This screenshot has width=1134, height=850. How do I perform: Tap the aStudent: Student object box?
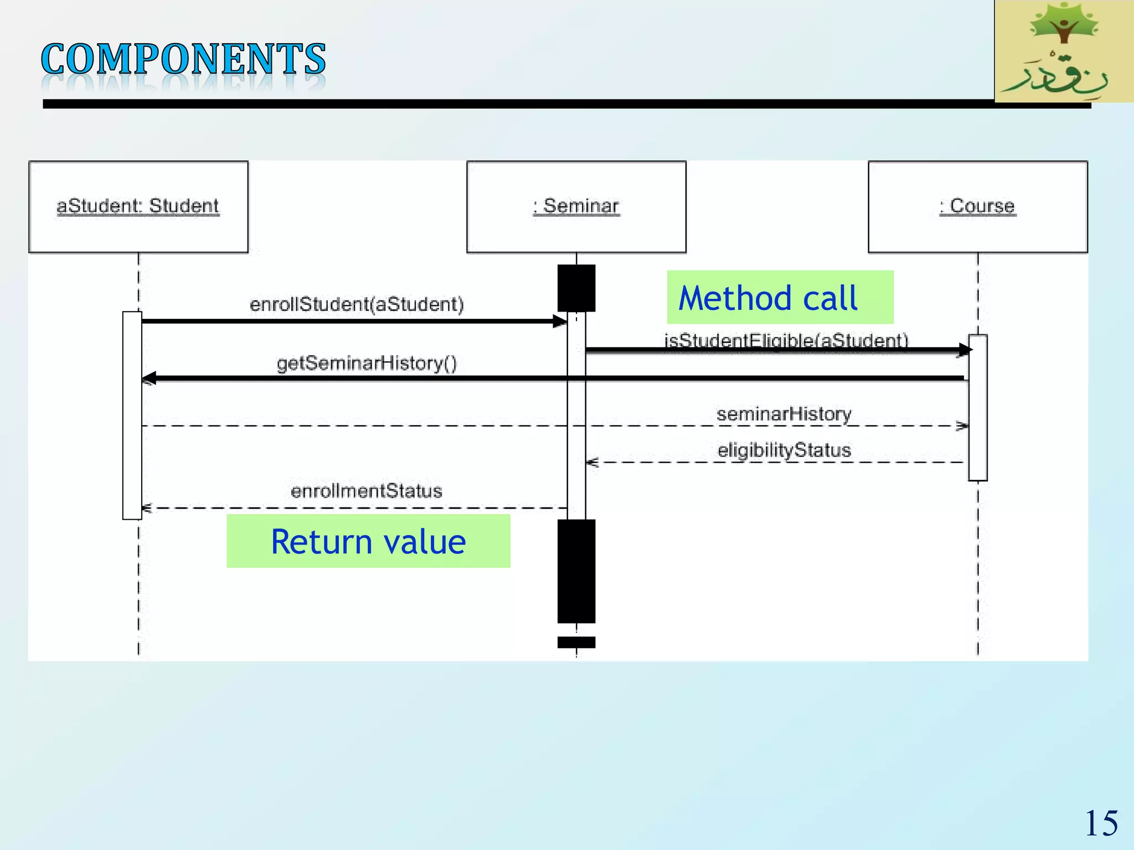138,207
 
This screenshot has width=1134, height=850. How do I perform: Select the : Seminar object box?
576,207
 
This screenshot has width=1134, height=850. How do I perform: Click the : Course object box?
977,207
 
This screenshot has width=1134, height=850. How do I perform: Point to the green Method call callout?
779,297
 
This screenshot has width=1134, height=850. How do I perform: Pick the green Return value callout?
368,541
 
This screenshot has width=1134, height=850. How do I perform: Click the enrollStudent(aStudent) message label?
357,304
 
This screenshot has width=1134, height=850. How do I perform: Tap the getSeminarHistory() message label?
367,363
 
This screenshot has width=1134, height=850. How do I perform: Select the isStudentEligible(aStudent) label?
786,339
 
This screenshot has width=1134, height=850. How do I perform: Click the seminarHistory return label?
784,414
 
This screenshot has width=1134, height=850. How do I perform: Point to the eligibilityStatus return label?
784,450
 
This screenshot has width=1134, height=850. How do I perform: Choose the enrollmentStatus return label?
366,491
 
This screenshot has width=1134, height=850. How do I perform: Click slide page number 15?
1101,823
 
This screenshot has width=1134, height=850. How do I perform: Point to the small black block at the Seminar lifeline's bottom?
576,642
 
